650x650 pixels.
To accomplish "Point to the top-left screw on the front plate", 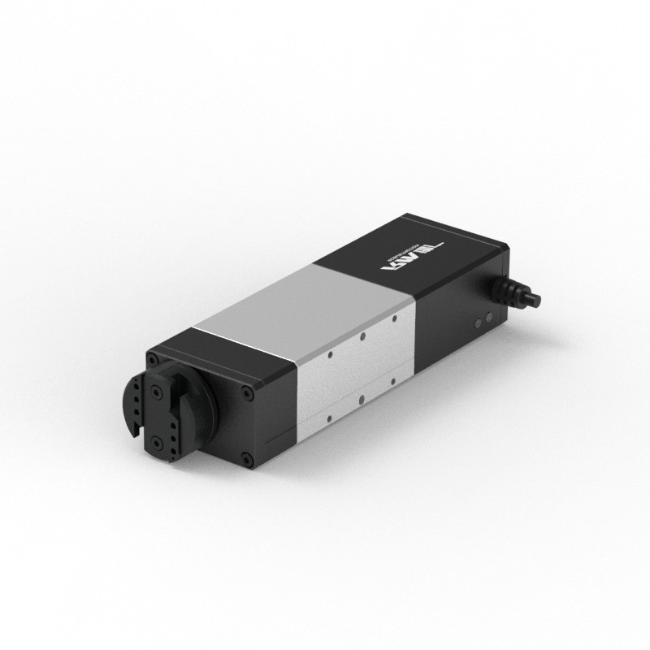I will click(x=152, y=357).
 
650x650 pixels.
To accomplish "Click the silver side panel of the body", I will click(x=357, y=374).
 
